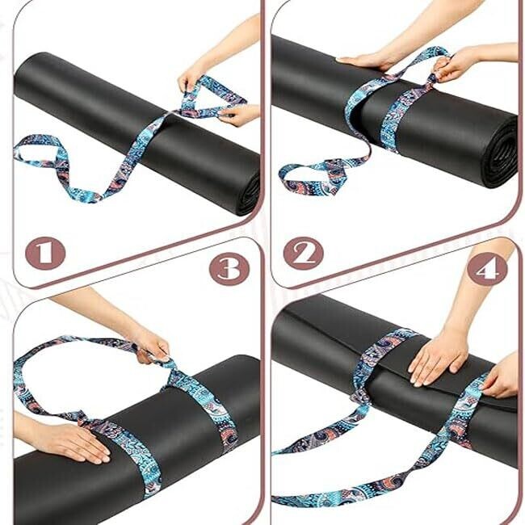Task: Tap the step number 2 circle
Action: coord(304,254)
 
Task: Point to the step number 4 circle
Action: coord(487,268)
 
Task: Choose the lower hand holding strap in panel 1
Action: coord(241,115)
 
